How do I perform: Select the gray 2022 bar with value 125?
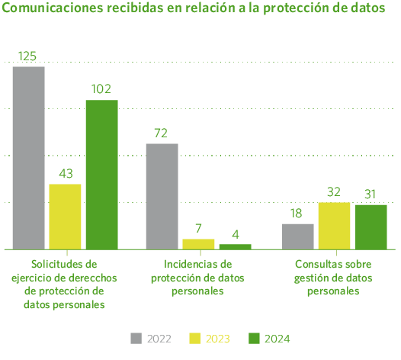tap(29, 158)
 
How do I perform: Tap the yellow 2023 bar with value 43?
tap(66, 217)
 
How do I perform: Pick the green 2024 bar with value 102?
tap(102, 175)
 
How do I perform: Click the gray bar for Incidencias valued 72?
tap(162, 196)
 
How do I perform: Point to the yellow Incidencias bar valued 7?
tap(198, 244)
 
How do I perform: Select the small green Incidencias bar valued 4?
tap(235, 246)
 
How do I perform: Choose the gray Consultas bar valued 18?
tap(298, 236)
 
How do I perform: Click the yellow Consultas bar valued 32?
tap(334, 226)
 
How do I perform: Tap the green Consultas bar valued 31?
tap(371, 227)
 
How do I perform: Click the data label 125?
tap(28, 56)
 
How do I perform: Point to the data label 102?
tap(101, 89)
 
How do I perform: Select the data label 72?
tap(161, 133)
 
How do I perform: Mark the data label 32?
tap(334, 191)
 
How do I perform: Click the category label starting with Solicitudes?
tap(65, 283)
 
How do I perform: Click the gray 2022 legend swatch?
tap(136, 338)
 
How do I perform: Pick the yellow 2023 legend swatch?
tap(194, 338)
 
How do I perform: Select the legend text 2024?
tap(278, 339)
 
